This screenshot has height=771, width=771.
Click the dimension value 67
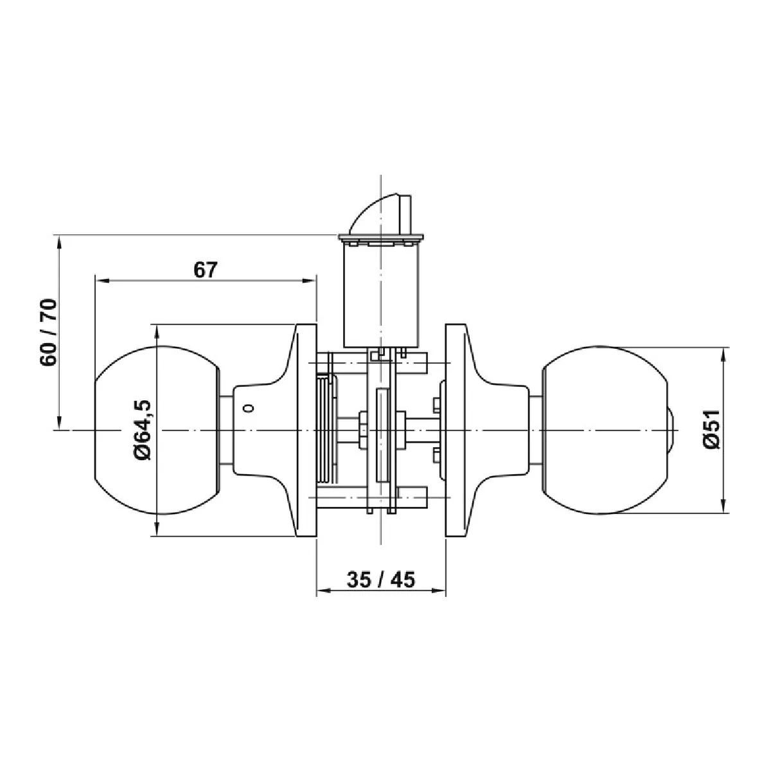click(x=205, y=270)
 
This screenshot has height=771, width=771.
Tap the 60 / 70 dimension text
click(x=49, y=332)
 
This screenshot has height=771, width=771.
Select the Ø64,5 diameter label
click(x=143, y=429)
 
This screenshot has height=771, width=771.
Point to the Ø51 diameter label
click(x=711, y=429)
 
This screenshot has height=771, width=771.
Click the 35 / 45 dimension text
click(x=381, y=580)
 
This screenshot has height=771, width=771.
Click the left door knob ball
click(x=157, y=430)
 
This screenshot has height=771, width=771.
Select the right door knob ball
click(x=605, y=430)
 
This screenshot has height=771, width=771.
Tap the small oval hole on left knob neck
click(x=250, y=408)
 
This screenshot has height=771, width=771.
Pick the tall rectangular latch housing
click(x=381, y=294)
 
